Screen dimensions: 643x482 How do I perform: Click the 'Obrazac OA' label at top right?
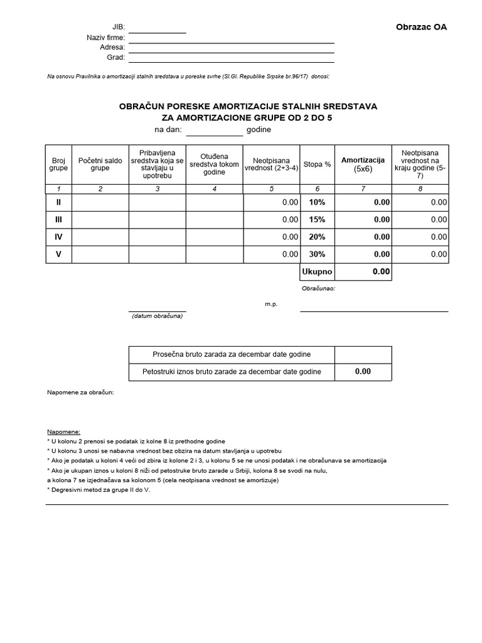(x=422, y=27)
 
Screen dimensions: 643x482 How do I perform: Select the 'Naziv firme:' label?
(x=106, y=38)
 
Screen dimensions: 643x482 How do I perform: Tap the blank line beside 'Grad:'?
(x=231, y=58)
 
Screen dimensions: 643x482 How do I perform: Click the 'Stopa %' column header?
(x=317, y=165)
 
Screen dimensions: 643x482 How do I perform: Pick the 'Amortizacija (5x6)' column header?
(x=362, y=165)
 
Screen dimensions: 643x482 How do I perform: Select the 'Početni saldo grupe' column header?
(x=100, y=165)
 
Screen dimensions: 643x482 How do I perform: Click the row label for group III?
(x=58, y=220)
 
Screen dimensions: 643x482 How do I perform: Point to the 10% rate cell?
(x=317, y=202)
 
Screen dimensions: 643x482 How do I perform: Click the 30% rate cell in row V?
(x=317, y=254)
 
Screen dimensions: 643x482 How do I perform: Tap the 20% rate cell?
(x=317, y=237)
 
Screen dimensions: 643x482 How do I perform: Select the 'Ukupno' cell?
(x=317, y=272)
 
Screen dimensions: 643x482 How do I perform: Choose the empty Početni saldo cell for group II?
(x=100, y=202)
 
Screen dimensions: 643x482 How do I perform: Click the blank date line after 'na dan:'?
(x=214, y=131)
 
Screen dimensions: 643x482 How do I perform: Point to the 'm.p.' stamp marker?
(x=270, y=304)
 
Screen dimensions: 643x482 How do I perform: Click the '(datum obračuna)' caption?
(x=157, y=316)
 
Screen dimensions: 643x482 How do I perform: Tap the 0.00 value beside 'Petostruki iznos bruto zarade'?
(x=363, y=371)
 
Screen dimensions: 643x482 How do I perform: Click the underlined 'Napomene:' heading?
(x=63, y=433)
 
